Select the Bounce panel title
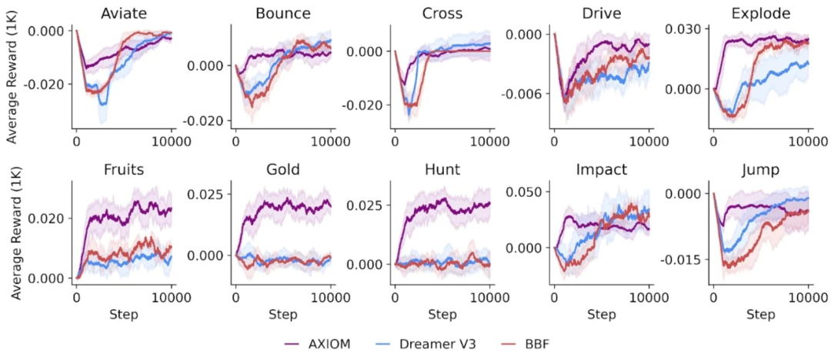pos(282,13)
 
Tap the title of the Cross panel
pos(442,13)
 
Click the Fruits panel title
pos(123,170)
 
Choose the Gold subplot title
pos(282,170)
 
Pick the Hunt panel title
pos(442,170)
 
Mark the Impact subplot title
pos(601,170)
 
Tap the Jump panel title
pos(761,170)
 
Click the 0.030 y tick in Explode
pos(686,29)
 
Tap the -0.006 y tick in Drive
pos(526,93)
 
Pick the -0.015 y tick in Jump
pos(686,259)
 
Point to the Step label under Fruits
pos(123,315)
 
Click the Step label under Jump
pos(761,315)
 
